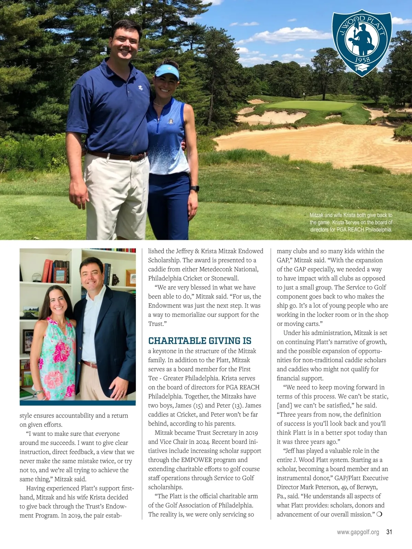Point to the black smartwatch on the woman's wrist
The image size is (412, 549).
point(194,188)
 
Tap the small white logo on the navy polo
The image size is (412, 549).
point(140,88)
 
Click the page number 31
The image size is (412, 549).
point(389,532)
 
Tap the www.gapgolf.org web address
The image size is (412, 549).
point(358,532)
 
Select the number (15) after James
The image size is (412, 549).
point(198,405)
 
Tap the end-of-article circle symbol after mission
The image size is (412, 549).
point(379,514)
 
